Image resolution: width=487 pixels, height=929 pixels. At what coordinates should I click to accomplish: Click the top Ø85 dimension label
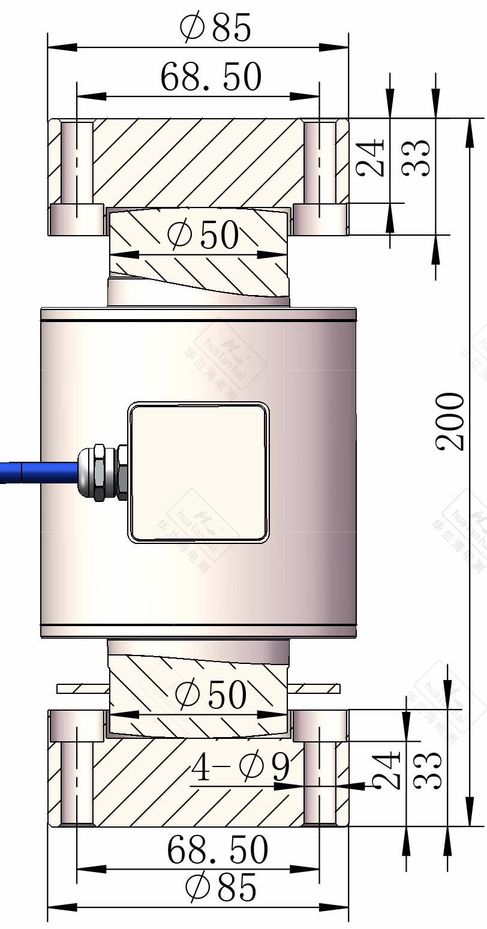point(215,28)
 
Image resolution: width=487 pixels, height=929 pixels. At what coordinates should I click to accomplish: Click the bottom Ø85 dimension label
point(221,888)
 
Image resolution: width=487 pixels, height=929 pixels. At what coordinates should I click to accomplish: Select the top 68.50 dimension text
point(211,77)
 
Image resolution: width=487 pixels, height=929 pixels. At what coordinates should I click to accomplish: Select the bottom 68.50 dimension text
point(217,850)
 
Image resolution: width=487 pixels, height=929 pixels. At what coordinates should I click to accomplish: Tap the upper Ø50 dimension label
point(203,235)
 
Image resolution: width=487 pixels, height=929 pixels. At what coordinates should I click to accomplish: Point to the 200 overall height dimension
point(450,422)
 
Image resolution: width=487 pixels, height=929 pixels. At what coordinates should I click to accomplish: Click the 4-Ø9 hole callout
point(241,767)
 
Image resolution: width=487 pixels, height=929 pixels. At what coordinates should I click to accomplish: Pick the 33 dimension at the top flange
point(416,157)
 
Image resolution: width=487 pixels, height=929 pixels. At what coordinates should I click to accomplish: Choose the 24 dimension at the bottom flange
point(386,770)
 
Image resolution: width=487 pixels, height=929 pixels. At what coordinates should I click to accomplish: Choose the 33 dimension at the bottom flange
point(428,770)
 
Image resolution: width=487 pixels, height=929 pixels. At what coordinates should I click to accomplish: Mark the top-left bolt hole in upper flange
point(77,163)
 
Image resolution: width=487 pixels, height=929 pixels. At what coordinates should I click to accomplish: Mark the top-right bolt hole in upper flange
point(319,163)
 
